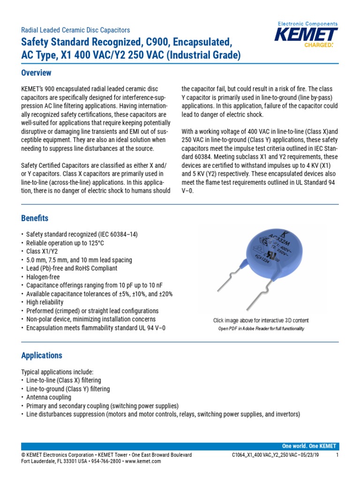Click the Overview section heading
click(36, 73)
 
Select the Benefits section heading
click(35, 218)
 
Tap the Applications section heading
click(42, 355)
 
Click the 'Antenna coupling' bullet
click(49, 397)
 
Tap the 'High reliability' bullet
click(46, 302)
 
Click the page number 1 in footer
click(337, 455)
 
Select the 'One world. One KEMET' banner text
click(309, 446)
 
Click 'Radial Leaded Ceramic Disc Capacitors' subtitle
click(75, 30)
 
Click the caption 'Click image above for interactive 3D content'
click(261, 321)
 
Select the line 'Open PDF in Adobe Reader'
click(261, 329)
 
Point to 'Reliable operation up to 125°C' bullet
click(65, 243)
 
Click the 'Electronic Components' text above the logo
click(307, 23)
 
